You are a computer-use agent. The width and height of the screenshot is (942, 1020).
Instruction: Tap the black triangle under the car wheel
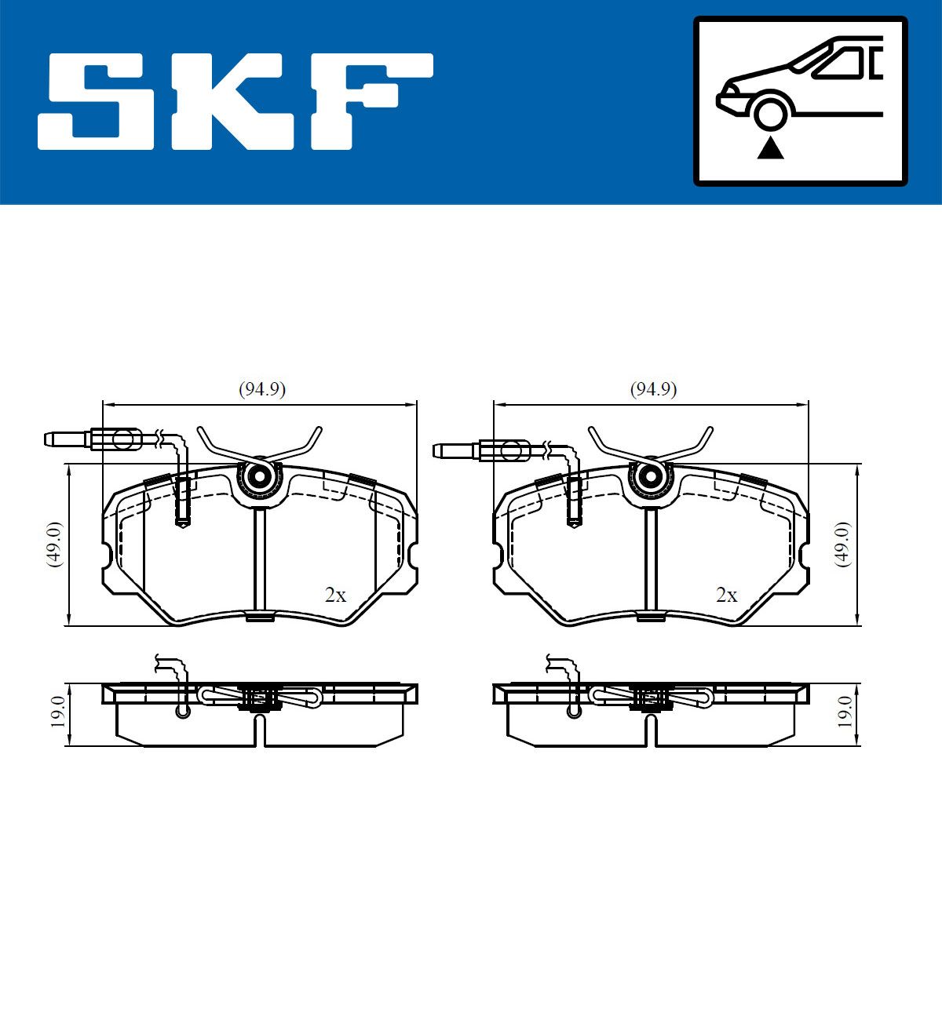(770, 150)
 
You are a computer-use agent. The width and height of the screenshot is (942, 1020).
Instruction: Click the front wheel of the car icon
(770, 114)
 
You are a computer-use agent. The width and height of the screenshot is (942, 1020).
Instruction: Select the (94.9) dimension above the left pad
(262, 389)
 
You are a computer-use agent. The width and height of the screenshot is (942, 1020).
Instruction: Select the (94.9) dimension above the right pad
(653, 389)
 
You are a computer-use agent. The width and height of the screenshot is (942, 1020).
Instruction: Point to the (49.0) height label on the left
(54, 545)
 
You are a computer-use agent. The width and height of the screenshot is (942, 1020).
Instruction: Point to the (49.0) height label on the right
(843, 545)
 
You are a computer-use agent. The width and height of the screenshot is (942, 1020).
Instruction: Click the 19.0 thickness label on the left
(57, 712)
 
